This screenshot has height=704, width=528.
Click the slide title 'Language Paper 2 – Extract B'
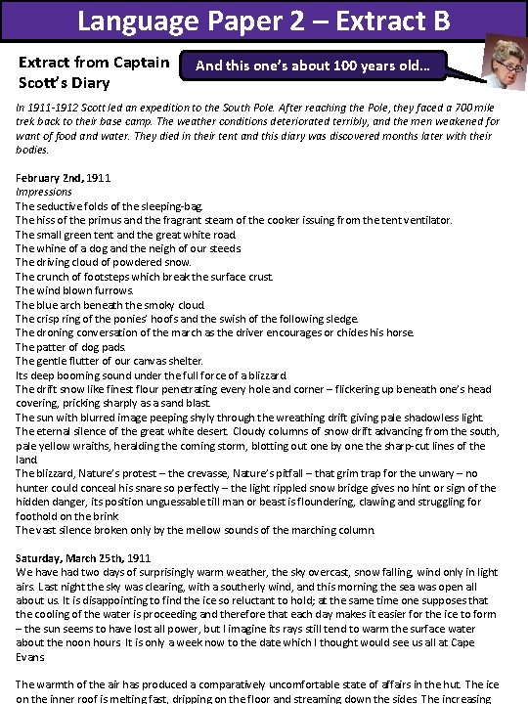(x=263, y=20)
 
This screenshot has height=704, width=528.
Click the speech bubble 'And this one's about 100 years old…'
(x=313, y=67)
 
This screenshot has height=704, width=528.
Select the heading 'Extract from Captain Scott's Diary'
(x=94, y=73)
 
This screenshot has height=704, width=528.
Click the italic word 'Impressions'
(x=44, y=193)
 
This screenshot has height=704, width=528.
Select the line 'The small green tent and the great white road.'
(x=126, y=235)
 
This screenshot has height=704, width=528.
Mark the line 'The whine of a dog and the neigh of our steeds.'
(x=128, y=248)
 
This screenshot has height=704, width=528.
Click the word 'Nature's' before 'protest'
(x=84, y=473)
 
